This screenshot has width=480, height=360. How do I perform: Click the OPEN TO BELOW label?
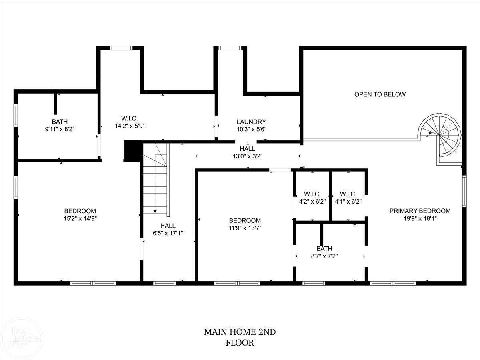pos(380,94)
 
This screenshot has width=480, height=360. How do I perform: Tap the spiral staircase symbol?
pos(440,134)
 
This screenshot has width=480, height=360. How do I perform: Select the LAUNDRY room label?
pos(251,122)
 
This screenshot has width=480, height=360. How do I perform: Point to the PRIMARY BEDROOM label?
pos(420,211)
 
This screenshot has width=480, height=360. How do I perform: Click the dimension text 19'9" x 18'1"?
pos(420,218)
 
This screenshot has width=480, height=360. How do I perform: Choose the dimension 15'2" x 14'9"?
pos(80,218)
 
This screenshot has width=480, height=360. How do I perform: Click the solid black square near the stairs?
pos(134,150)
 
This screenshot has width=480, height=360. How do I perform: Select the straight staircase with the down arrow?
pos(156,180)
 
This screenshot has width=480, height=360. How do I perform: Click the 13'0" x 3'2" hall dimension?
pos(248,156)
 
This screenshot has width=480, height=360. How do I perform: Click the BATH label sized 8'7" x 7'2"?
pos(324,248)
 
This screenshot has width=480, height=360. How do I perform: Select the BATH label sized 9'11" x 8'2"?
pos(60,122)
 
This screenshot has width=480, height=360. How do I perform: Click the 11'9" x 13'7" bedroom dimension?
pos(245,228)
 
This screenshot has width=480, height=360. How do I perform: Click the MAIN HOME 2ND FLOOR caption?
pos(240,337)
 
